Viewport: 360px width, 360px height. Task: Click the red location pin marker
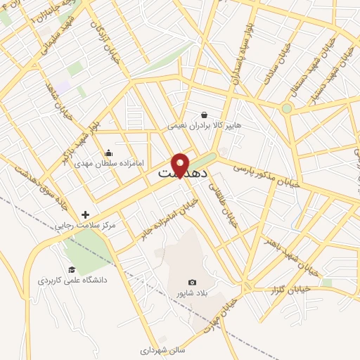click(180, 165)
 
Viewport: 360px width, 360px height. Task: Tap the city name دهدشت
click(180, 172)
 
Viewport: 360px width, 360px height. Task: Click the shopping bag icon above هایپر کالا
click(204, 115)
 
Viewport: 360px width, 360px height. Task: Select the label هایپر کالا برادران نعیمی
click(204, 127)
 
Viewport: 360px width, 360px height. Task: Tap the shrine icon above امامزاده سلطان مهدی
click(108, 153)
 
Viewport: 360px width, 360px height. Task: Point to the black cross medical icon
click(86, 214)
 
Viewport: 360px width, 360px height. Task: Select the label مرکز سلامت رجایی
click(89, 226)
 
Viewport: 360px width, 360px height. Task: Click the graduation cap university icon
click(71, 269)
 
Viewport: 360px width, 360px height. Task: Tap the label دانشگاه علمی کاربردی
click(72, 281)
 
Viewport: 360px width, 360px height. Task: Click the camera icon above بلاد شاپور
click(193, 282)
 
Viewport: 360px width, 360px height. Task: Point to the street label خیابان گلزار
click(311, 288)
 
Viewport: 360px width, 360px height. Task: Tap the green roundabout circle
click(286, 108)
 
